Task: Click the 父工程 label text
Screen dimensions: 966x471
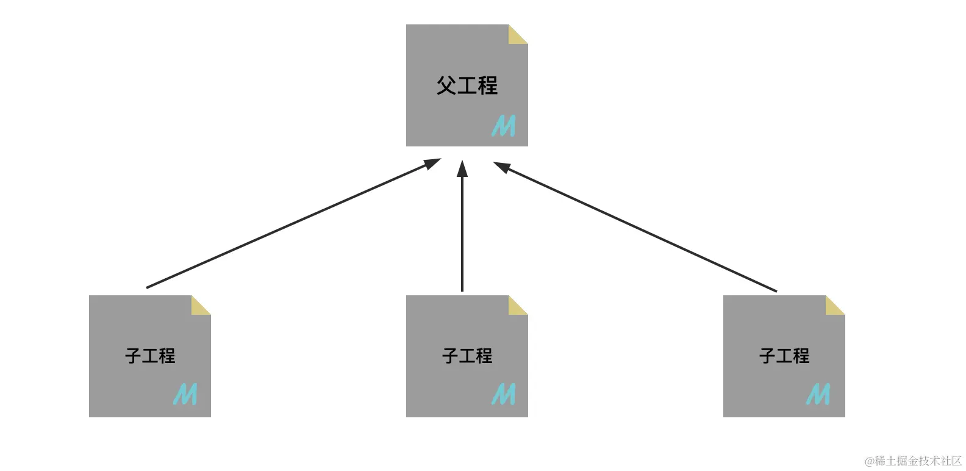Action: (467, 85)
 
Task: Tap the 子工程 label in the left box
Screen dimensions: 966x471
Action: (150, 356)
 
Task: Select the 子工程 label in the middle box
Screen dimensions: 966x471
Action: (467, 356)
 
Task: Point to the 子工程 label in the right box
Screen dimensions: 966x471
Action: (784, 356)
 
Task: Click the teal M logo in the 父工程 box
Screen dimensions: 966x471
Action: (504, 126)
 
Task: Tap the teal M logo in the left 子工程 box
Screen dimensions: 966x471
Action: (185, 394)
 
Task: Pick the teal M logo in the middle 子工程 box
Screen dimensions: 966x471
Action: (504, 394)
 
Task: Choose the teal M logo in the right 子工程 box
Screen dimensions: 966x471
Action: (818, 394)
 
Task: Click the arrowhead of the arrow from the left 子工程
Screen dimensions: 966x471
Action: (432, 163)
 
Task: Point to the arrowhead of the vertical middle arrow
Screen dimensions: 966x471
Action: (462, 168)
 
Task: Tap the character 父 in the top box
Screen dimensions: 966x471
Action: (446, 85)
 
